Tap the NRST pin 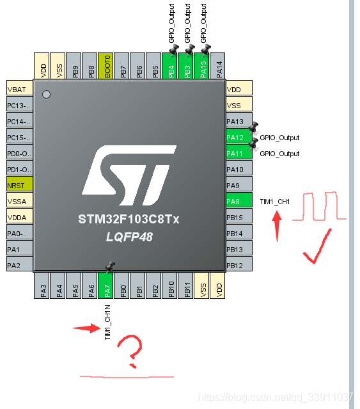tap(19, 186)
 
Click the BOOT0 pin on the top tap(106, 66)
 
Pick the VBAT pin tap(19, 90)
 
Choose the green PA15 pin tap(203, 66)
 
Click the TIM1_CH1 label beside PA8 tap(275, 202)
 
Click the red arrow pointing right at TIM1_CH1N tap(86, 328)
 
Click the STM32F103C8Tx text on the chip tap(129, 220)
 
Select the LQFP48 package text tap(129, 237)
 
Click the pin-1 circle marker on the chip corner tap(45, 95)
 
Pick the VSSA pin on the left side tap(19, 202)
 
